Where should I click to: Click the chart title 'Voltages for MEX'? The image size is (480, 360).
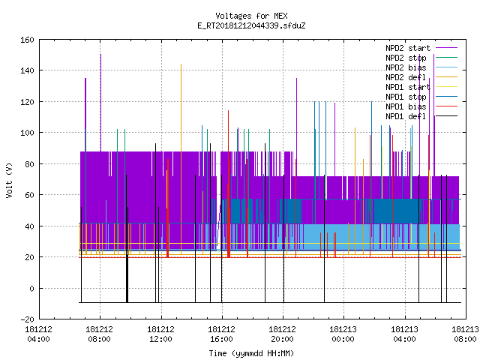[x=251, y=16]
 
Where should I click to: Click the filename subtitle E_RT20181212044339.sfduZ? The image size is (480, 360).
[x=251, y=25]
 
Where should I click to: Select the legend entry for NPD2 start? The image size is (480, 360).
[x=421, y=48]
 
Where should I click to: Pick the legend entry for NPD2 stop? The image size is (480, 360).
[x=421, y=58]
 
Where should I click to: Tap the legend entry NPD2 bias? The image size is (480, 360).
[x=421, y=67]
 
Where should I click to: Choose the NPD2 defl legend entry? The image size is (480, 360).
[x=421, y=77]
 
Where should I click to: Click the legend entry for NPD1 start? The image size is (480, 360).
[x=421, y=87]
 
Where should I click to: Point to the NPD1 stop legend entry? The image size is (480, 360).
[x=421, y=97]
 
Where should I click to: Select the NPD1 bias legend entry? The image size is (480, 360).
[x=421, y=106]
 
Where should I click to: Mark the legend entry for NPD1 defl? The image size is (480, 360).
[x=421, y=117]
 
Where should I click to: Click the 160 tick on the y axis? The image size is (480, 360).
[x=27, y=40]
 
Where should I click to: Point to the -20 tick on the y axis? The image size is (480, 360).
[x=27, y=319]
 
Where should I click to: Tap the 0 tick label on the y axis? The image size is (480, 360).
[x=31, y=288]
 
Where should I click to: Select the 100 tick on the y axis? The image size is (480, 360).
[x=27, y=133]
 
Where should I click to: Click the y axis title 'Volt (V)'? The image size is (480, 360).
[x=9, y=180]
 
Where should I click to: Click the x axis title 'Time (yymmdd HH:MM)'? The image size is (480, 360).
[x=251, y=353]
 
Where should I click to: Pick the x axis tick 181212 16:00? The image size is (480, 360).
[x=222, y=334]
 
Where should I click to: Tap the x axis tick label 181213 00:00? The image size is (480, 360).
[x=343, y=334]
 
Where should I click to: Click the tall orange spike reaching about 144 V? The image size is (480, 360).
[x=181, y=159]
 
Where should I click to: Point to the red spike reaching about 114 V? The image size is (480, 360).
[x=228, y=184]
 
